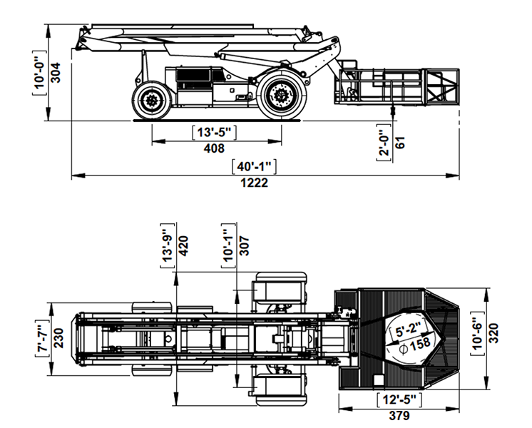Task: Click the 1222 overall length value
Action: (x=254, y=183)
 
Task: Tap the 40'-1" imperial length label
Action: (x=254, y=167)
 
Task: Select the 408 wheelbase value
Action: (x=214, y=148)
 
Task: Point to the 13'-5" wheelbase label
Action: (x=214, y=132)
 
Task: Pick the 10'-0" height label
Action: (x=39, y=73)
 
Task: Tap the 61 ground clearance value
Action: (x=400, y=143)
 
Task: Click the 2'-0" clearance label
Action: (x=384, y=142)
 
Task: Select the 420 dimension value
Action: (x=183, y=246)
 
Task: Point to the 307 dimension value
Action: (x=244, y=246)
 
